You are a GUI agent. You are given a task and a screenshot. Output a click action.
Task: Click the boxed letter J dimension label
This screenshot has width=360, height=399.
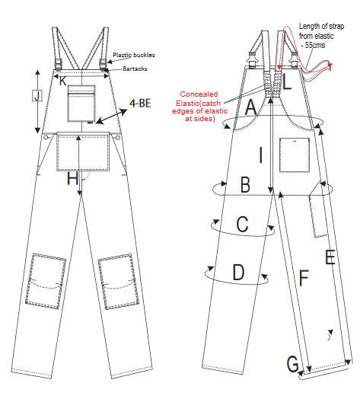coord(37,96)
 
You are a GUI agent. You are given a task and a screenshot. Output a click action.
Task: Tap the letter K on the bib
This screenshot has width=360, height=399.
coord(63,81)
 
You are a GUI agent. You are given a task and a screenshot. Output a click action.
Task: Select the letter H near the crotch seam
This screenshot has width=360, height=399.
coord(72,178)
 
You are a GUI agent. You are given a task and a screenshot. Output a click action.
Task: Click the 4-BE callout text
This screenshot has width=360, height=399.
coord(140,104)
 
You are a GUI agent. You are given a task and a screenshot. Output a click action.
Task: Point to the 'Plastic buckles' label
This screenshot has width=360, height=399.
coord(134,55)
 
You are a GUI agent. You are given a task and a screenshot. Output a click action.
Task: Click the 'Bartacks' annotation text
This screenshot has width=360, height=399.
coord(135,69)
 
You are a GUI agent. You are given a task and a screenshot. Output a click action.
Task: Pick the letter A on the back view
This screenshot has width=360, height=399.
coord(250,107)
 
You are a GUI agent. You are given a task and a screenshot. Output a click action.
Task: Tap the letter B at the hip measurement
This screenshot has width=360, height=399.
coord(245,184)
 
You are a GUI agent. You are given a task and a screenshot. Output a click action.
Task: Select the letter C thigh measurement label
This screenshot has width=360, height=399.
coord(242,224)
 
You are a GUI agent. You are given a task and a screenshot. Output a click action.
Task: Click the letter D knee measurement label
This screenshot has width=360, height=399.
coord(238,273)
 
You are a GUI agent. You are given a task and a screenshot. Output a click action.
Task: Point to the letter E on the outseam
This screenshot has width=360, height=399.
coord(330,257)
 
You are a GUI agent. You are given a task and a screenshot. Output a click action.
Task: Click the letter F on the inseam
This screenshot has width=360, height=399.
coord(304,278)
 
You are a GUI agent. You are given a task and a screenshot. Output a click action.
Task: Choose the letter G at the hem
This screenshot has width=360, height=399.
coord(292,364)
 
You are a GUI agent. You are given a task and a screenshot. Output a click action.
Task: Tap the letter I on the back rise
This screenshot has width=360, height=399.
coord(260,155)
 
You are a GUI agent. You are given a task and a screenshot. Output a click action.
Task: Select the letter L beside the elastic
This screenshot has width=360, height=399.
coord(287,82)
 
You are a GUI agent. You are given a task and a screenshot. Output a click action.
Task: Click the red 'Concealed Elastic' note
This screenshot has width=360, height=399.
coord(199,107)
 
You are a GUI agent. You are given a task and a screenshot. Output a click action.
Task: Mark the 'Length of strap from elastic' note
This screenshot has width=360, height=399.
coord(321,36)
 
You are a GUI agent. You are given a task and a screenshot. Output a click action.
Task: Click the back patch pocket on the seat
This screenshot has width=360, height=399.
coord(295,155)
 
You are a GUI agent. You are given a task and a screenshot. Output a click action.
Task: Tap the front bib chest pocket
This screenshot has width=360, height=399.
coord(81,104)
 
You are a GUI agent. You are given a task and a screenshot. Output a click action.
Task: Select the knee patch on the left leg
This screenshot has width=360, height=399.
coord(46,281)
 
